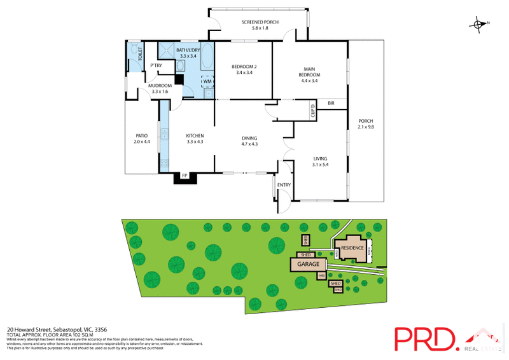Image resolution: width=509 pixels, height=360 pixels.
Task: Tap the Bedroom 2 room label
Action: coord(244,69)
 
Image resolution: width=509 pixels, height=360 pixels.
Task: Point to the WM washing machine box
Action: coord(207,81)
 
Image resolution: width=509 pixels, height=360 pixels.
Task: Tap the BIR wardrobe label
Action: coord(331,103)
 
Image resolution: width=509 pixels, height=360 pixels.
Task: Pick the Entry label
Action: coord(283,185)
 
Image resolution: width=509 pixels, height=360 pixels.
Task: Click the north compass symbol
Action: coord(478,25)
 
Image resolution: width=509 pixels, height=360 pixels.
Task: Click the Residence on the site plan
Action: coord(352,248)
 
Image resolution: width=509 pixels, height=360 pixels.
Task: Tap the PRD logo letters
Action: coord(424,338)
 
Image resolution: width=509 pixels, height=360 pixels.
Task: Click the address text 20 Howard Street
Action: coord(34,329)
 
